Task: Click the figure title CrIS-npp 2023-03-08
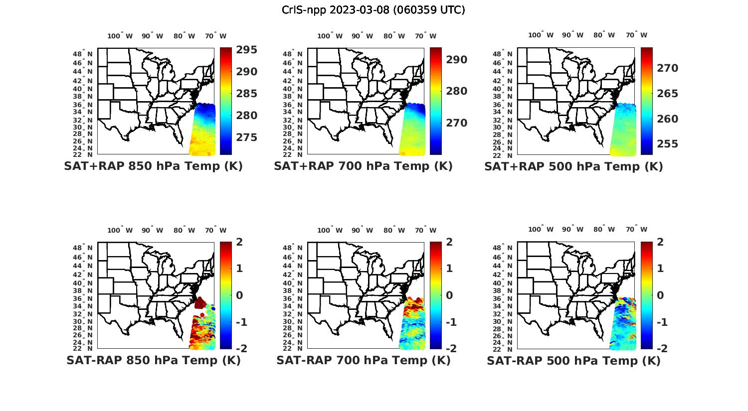[373, 10]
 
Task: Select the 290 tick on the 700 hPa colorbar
[457, 60]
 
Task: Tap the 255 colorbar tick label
[668, 144]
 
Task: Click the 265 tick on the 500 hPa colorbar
[668, 94]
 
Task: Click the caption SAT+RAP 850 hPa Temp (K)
[153, 166]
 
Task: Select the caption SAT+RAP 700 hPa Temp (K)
[363, 166]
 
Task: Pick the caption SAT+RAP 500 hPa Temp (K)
[573, 166]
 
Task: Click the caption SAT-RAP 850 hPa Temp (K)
[153, 360]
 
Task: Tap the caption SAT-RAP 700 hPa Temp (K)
[363, 360]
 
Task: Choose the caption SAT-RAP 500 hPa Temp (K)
[573, 360]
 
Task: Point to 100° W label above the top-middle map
[330, 35]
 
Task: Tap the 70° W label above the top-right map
[636, 35]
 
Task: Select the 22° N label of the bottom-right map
[507, 348]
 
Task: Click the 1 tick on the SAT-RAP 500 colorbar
[660, 269]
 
